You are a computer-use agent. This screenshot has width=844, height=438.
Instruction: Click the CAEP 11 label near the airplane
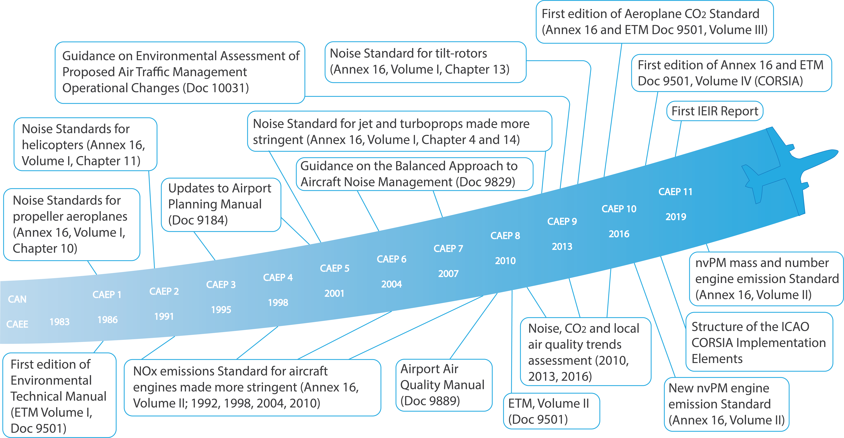coord(675,192)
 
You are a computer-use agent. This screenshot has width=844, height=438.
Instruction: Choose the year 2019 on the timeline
coord(676,217)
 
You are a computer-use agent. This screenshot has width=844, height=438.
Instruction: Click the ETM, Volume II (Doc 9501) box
coord(551,411)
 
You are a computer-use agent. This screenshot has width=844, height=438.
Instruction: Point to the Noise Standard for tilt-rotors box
coord(425,62)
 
